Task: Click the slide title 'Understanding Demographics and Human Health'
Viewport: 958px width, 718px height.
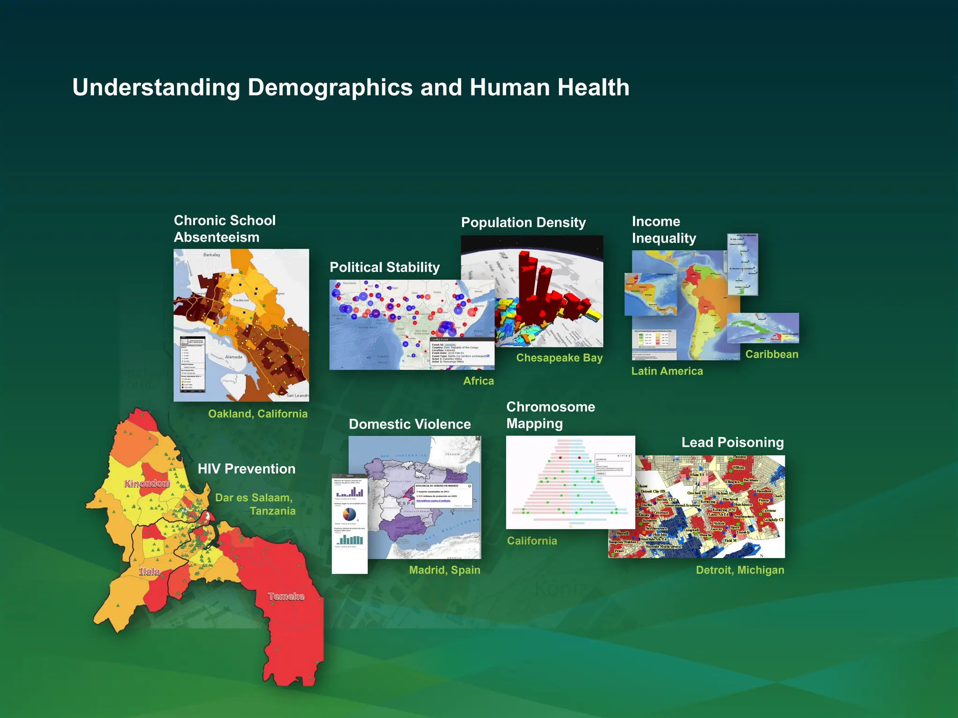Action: coord(351,87)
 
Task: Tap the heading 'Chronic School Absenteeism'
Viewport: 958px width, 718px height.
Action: coord(225,229)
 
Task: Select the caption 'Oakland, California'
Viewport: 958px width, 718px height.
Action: coord(258,414)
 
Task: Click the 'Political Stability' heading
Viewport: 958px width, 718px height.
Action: coord(385,267)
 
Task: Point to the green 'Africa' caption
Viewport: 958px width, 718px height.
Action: coord(479,381)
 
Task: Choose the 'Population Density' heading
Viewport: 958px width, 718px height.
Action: coord(523,223)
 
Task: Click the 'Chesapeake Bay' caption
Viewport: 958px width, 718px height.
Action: coord(559,358)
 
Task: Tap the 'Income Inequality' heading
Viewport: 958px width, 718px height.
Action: coord(663,230)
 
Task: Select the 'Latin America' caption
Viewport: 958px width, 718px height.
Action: coord(667,371)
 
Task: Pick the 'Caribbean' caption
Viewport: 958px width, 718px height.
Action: coord(771,354)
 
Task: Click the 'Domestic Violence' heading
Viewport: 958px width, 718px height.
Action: coord(410,424)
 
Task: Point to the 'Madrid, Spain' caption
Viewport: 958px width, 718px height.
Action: coord(444,570)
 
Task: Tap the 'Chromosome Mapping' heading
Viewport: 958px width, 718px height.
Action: coord(551,415)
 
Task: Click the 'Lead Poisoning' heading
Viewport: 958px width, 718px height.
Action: coord(732,442)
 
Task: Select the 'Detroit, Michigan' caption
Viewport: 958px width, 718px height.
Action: coord(740,570)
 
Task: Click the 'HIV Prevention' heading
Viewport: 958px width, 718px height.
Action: coord(247,469)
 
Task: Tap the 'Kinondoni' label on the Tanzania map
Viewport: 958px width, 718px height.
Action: coord(147,483)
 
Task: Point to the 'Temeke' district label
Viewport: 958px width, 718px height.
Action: coord(286,596)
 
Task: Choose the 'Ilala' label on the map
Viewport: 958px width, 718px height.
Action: coord(149,571)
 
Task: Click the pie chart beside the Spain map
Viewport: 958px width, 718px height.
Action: coord(349,514)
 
